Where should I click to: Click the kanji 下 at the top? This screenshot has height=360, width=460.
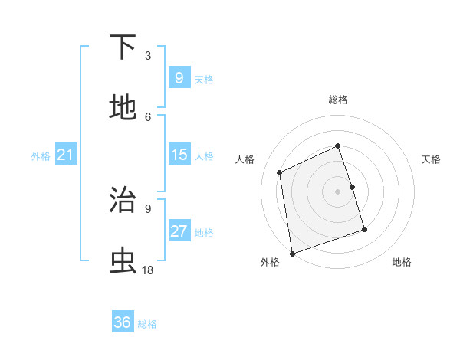point(123,48)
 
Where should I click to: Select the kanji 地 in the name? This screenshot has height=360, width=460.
point(123,108)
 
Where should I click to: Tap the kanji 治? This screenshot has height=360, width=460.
point(123,201)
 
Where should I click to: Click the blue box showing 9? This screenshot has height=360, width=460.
point(179,77)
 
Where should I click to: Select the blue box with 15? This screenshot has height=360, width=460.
point(179,155)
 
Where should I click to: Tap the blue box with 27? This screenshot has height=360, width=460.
point(179,231)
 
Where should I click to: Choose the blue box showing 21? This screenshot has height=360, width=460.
point(66,155)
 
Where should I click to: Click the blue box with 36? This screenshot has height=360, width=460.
point(123,322)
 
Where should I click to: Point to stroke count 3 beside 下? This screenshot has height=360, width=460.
point(148,55)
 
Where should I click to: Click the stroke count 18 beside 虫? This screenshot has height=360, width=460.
point(148,270)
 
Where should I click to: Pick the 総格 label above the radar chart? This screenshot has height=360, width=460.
point(338,100)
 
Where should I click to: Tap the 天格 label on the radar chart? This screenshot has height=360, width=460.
point(431,159)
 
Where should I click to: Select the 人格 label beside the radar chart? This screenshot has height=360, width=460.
point(245,159)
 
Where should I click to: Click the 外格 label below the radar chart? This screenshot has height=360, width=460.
point(270,262)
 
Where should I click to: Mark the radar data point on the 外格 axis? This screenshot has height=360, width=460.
point(292,253)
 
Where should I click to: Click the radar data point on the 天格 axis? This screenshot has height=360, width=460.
point(352,187)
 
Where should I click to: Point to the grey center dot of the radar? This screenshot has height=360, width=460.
point(338,191)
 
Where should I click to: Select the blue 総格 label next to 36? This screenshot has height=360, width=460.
point(147,324)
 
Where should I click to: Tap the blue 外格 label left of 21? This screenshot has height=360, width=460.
point(41,156)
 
